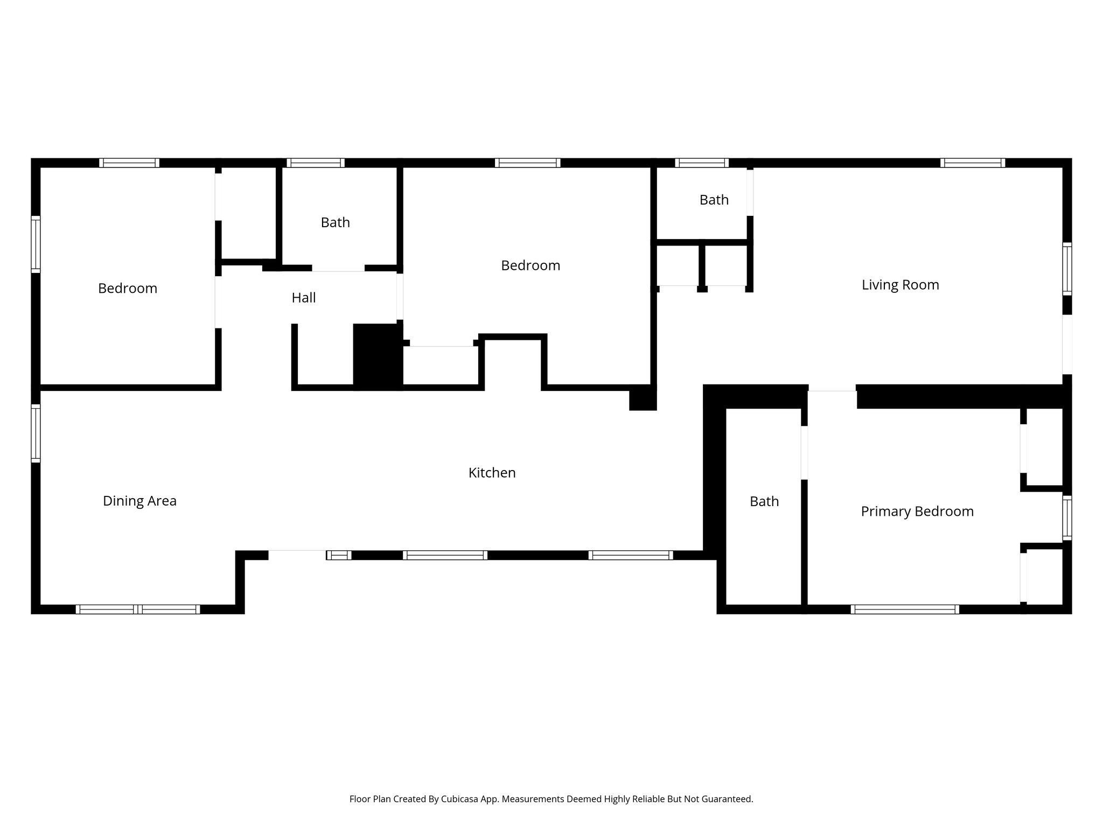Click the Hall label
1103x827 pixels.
pyautogui.click(x=303, y=298)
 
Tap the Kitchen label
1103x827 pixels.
pyautogui.click(x=492, y=473)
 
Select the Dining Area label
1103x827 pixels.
pyautogui.click(x=139, y=501)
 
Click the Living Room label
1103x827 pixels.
pyautogui.click(x=900, y=285)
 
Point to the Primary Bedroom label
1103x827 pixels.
pyautogui.click(x=917, y=511)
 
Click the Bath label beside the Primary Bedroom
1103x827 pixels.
pyautogui.click(x=764, y=501)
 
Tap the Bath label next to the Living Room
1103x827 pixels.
pyautogui.click(x=714, y=200)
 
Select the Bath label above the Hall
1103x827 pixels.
pyautogui.click(x=335, y=222)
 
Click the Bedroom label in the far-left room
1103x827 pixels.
pyautogui.click(x=127, y=288)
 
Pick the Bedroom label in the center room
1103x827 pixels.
pyautogui.click(x=530, y=265)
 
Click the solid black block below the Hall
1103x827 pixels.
pyautogui.click(x=378, y=356)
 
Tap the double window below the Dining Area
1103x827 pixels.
pyautogui.click(x=138, y=609)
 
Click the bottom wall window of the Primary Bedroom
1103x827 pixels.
pyautogui.click(x=904, y=609)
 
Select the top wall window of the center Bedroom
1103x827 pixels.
pyautogui.click(x=527, y=163)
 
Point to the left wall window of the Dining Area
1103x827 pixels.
pyautogui.click(x=36, y=433)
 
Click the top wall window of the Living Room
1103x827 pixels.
pyautogui.click(x=972, y=163)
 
